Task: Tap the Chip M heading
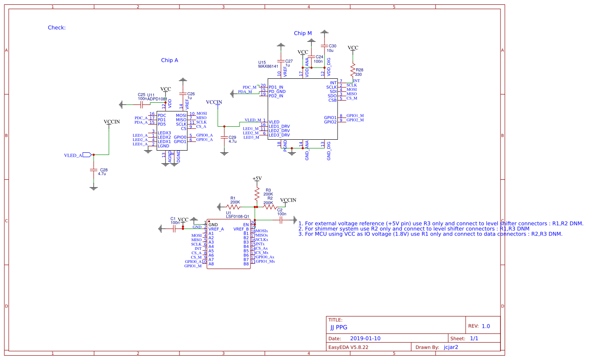(x=303, y=33)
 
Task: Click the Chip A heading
(x=169, y=61)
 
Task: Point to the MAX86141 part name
(x=268, y=66)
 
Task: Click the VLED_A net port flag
(x=86, y=155)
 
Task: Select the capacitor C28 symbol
(x=93, y=170)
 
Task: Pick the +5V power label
(x=257, y=178)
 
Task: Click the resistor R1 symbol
(x=233, y=207)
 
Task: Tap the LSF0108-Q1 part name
(x=237, y=216)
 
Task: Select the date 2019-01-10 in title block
(x=365, y=338)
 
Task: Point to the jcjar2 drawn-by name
(x=451, y=347)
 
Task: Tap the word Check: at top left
(x=57, y=27)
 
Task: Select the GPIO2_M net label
(x=355, y=120)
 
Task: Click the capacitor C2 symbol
(x=281, y=220)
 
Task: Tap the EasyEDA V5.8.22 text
(x=348, y=347)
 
